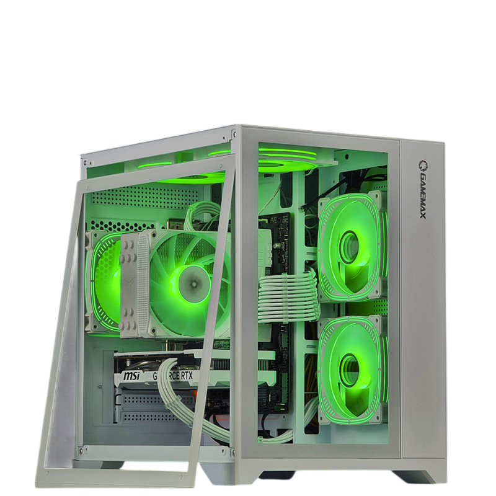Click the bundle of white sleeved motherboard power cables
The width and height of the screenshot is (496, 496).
(x=285, y=290)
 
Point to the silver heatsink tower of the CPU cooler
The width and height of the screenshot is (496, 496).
(x=130, y=279)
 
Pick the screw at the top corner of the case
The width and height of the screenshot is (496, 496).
(x=236, y=133)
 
